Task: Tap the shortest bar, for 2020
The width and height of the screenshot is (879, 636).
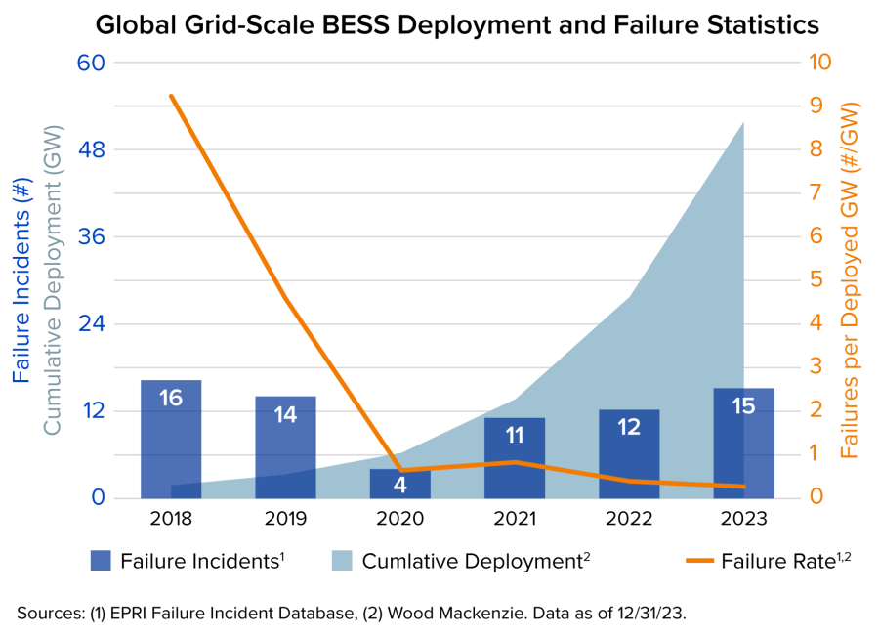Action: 399,483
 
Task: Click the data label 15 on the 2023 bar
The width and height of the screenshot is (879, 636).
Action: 743,406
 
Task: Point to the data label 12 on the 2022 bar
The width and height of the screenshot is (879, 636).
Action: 629,427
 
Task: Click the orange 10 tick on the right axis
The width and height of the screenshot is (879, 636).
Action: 821,63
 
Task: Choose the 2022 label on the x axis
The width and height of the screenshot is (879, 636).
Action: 629,518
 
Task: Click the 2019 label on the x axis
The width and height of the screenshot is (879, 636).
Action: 285,518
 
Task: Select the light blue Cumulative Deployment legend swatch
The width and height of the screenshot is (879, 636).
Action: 341,561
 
